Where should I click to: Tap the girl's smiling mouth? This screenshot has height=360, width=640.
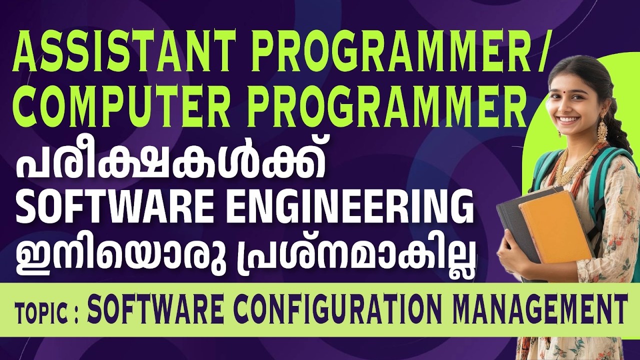(x=568, y=120)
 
